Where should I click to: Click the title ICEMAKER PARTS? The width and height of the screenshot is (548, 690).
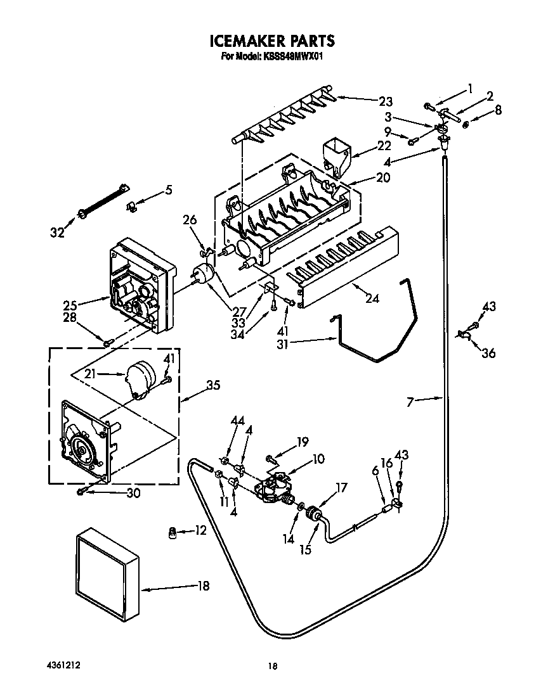(272, 41)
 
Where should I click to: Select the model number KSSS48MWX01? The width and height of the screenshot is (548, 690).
(286, 56)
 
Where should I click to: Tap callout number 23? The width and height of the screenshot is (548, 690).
(385, 101)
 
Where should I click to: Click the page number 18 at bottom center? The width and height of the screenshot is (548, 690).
(272, 666)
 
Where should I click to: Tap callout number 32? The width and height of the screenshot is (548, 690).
(58, 232)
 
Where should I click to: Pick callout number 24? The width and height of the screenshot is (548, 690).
(372, 298)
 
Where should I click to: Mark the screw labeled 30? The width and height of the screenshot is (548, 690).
(81, 491)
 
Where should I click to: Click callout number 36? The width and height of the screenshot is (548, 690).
(488, 354)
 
